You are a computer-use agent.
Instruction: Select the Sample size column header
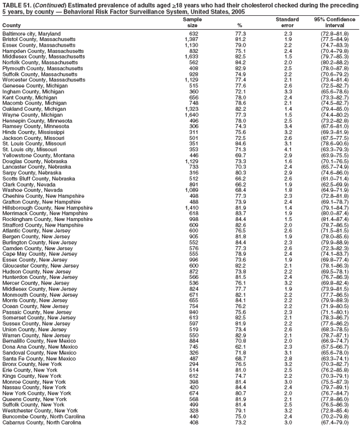tap(192, 22)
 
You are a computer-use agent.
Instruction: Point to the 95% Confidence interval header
tap(335, 22)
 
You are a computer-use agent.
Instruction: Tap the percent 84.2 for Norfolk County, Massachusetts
tap(240, 62)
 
